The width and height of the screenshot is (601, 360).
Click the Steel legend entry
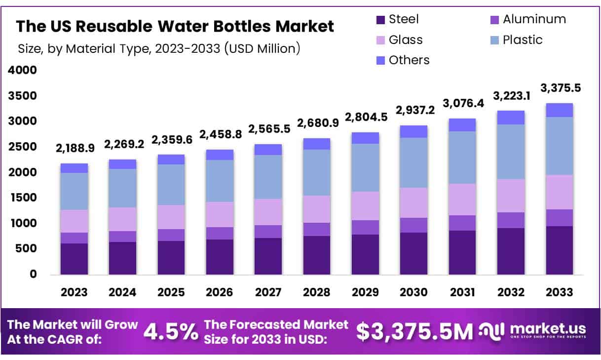pos(397,19)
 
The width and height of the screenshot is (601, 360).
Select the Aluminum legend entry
pos(527,19)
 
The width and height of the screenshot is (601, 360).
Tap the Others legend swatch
pos(381,60)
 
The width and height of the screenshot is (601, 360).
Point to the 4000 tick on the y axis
pos(22,70)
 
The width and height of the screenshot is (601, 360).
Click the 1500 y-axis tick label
pos(22,198)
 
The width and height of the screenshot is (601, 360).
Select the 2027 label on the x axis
pos(268,292)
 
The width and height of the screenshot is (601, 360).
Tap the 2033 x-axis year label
pos(559,292)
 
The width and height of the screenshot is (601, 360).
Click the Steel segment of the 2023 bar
pos(74,259)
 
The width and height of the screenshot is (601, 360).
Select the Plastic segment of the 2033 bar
pos(559,146)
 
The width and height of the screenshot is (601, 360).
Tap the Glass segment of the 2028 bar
pos(317,209)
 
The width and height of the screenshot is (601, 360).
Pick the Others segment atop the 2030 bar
pos(413,131)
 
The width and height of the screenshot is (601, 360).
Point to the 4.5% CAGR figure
pos(170,332)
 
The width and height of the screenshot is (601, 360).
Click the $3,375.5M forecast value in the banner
pos(414,332)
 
